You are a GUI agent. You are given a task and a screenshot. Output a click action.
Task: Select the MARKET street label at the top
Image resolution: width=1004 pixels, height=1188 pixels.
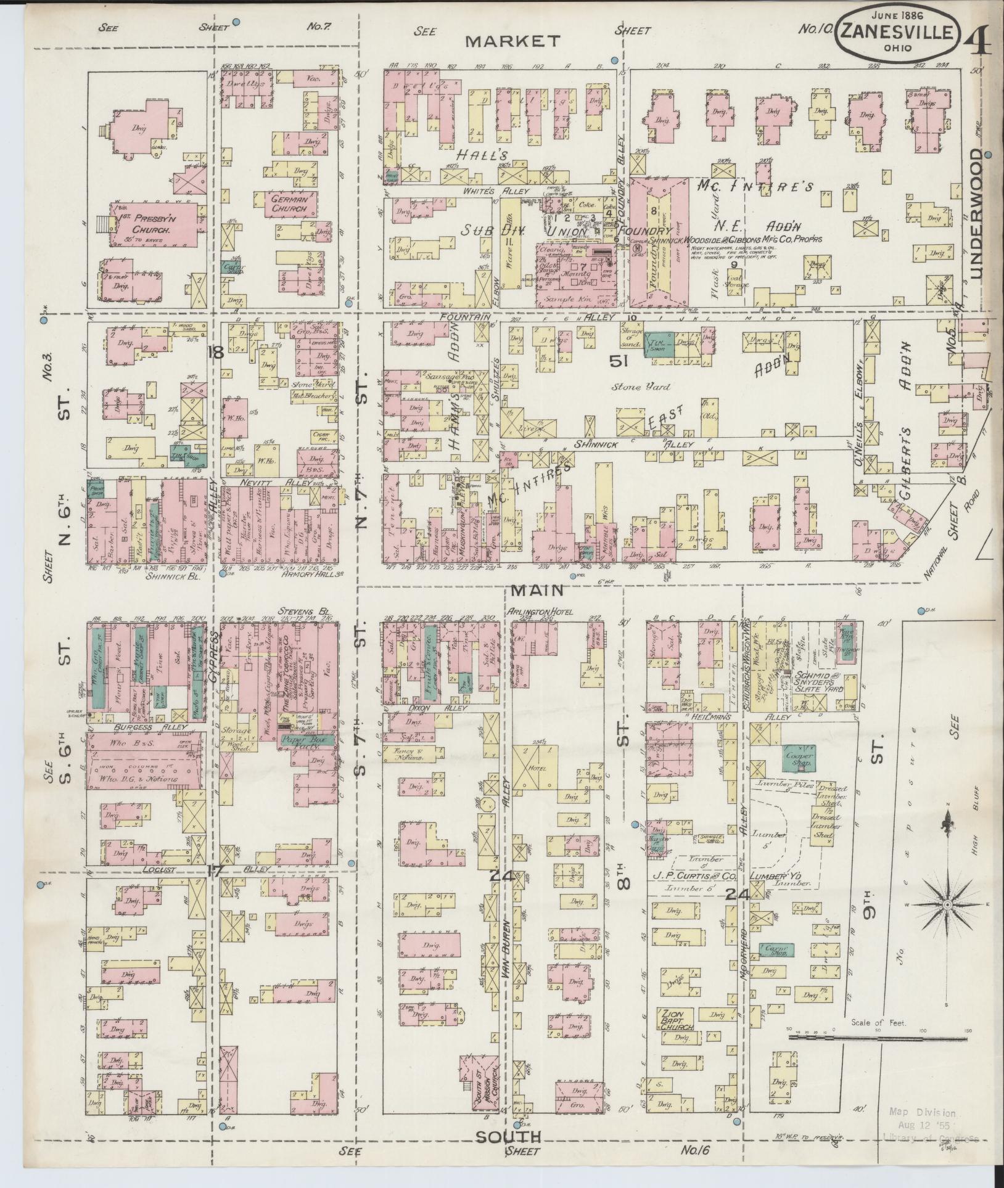coord(512,41)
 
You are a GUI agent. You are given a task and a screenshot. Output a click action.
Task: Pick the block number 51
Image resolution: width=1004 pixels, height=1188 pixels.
coord(618,363)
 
